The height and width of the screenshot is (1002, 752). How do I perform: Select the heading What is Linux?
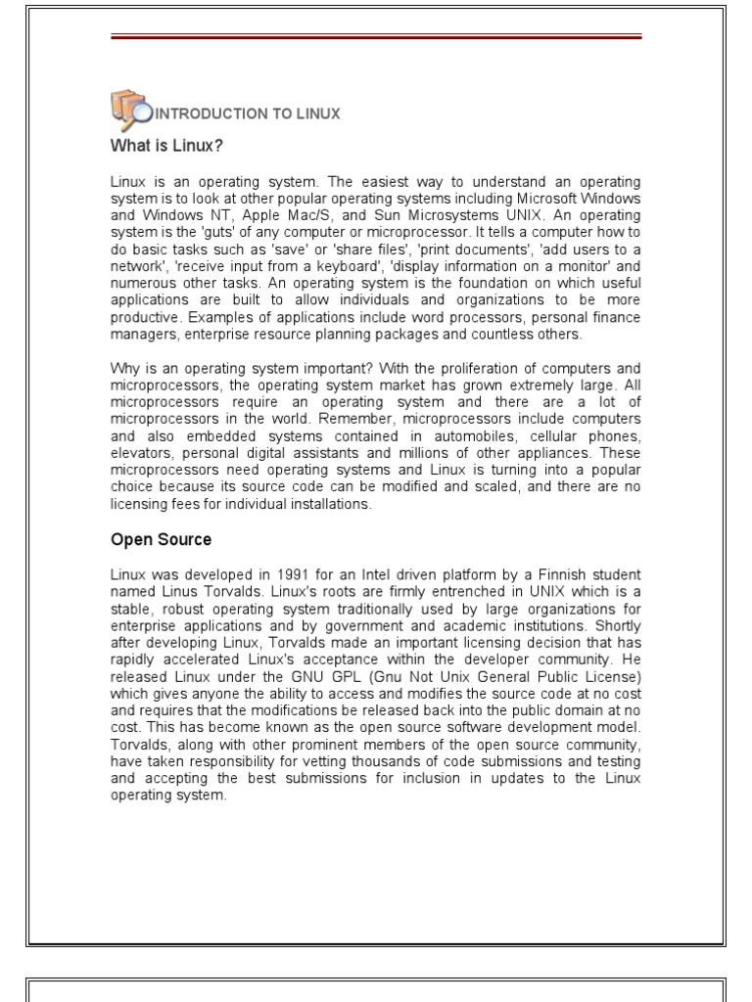click(166, 146)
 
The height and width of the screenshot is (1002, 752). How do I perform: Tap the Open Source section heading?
click(161, 539)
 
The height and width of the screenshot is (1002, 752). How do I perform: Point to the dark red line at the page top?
click(376, 37)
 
